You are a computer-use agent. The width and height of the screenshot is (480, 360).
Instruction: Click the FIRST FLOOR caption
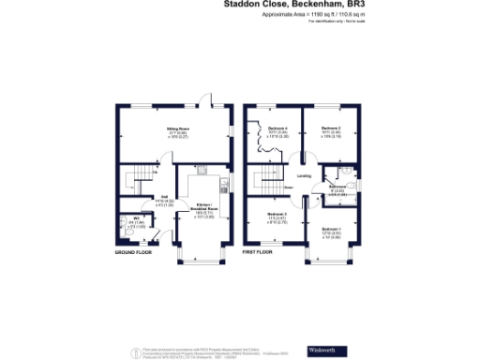coord(261,253)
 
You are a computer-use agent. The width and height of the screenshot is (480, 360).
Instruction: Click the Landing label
coord(304,175)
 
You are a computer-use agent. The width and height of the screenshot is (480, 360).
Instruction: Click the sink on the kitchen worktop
coord(202,172)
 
